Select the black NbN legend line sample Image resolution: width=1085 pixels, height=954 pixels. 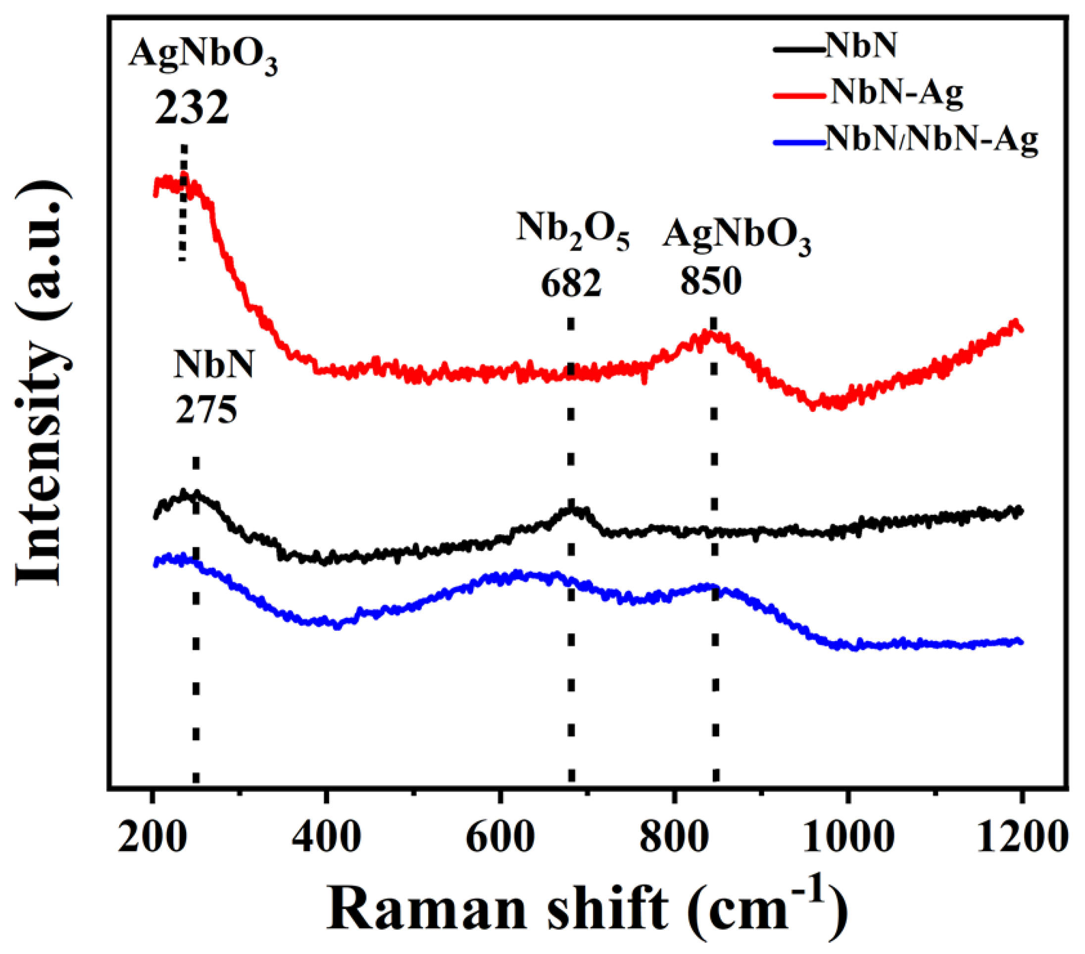(x=799, y=49)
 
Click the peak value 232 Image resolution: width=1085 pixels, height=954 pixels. (x=192, y=108)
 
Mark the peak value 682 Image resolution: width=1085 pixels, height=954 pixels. (x=571, y=283)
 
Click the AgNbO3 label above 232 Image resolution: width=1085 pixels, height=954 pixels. (x=203, y=56)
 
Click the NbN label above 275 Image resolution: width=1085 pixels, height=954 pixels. (x=214, y=365)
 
